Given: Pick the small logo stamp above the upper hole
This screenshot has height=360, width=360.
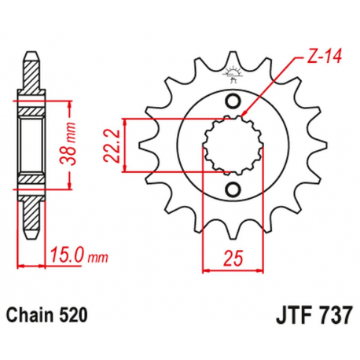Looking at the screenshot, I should pos(233,77).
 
